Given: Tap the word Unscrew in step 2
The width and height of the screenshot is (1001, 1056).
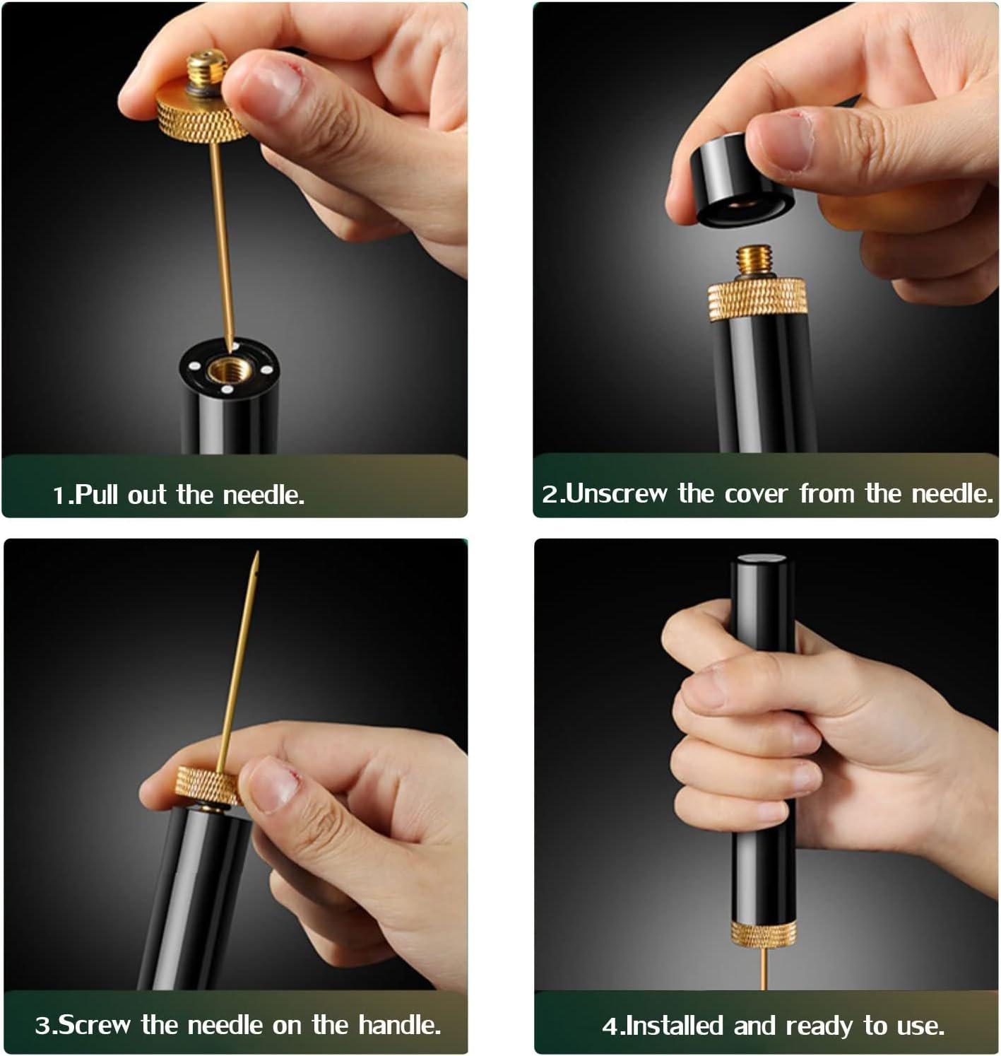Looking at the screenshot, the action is [617, 493].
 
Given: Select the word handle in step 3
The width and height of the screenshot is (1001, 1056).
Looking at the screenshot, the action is [400, 1024].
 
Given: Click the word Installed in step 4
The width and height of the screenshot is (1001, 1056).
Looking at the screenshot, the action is [675, 1026].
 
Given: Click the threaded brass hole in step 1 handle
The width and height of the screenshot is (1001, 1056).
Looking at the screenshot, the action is [228, 369].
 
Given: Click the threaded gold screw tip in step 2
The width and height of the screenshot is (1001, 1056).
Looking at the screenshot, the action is [755, 260].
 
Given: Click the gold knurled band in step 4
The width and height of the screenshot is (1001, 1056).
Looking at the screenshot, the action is [764, 934].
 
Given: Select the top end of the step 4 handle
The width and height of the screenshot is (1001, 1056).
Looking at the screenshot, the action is [761, 558].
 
